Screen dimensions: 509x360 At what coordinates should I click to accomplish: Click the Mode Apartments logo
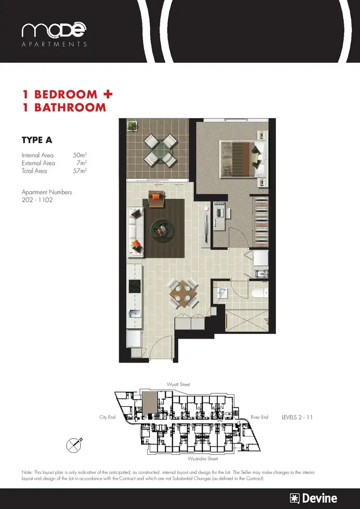click(x=54, y=35)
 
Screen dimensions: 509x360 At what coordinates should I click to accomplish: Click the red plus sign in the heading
click(x=108, y=94)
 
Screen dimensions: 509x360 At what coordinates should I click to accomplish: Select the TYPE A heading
click(x=37, y=140)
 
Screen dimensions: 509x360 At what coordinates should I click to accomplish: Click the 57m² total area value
click(x=80, y=171)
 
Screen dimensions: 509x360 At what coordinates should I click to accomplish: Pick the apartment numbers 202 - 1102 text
click(x=37, y=200)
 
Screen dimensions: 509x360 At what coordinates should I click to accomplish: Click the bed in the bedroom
click(x=242, y=158)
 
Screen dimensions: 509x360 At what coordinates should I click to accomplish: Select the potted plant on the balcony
click(x=132, y=126)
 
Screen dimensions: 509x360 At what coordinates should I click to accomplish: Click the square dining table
click(x=184, y=292)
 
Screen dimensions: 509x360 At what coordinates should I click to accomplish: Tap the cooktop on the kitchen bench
click(x=134, y=286)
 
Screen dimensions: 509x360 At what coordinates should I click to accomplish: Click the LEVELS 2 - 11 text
click(x=297, y=417)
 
